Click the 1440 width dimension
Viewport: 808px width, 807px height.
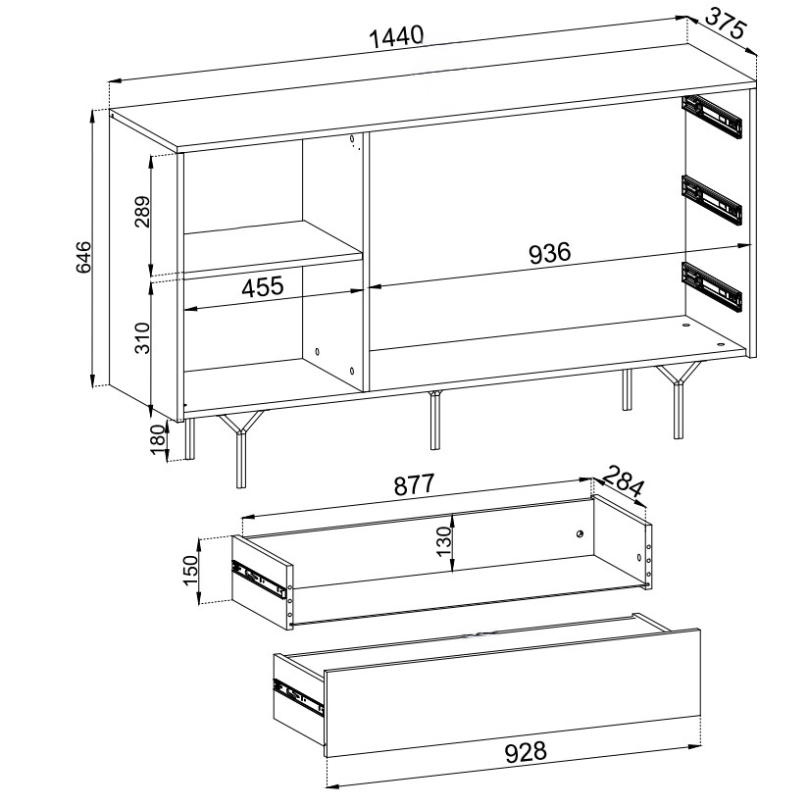coord(397,37)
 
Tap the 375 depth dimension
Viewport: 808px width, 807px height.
coord(725,25)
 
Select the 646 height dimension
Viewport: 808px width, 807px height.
coord(83,257)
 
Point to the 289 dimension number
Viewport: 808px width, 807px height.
coord(142,211)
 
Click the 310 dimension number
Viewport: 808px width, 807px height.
coord(142,337)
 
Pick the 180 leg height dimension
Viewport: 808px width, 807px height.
coord(159,439)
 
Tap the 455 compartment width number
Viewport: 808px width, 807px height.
coord(262,286)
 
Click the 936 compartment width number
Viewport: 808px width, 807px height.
coord(550,253)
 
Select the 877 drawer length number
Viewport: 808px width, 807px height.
coord(415,484)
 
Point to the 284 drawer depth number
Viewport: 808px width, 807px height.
coord(623,480)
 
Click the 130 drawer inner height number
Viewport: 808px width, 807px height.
coord(443,541)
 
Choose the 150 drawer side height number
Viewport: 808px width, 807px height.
coord(190,570)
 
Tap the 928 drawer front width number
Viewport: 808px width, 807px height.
coord(525,752)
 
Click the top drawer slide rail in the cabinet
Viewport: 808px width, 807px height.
coord(712,117)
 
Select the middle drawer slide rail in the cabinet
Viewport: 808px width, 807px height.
coord(712,200)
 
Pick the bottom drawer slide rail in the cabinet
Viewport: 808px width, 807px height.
coord(712,287)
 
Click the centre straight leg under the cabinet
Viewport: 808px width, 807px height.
coord(435,420)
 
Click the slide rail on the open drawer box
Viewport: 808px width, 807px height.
coord(258,580)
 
